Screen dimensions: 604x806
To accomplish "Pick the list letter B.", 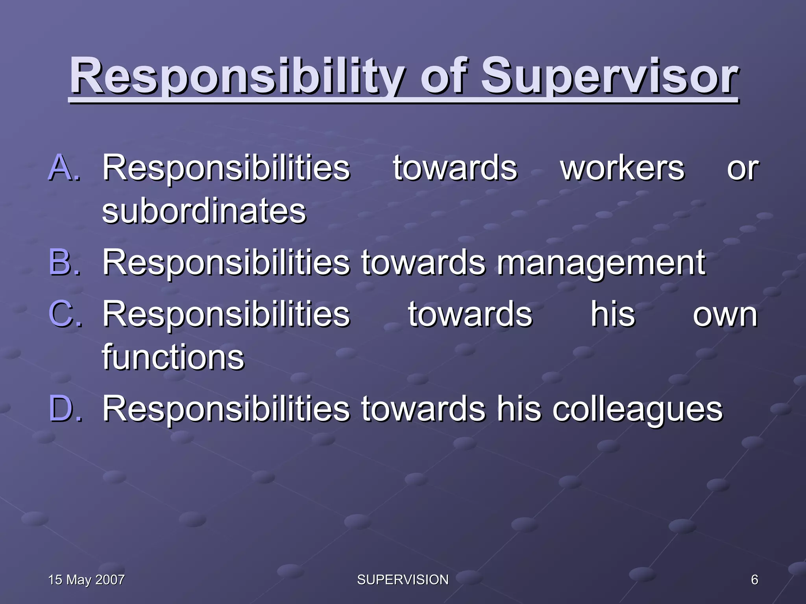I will tap(65, 262).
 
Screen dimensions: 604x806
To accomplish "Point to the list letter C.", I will tap(65, 314).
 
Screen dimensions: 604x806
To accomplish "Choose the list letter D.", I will tap(65, 409).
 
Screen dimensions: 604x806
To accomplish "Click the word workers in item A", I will tap(622, 168).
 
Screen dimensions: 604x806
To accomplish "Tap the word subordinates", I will tap(204, 211).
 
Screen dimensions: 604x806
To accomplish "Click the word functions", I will tap(173, 357).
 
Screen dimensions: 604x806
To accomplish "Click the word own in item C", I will tap(725, 315).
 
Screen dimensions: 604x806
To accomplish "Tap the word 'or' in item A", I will tap(742, 169).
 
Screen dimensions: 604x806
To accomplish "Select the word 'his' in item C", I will tap(613, 314).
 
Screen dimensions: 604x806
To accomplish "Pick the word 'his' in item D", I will tap(519, 409).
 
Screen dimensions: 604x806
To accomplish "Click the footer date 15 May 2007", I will tap(86, 580).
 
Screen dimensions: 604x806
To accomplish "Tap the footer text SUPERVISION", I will tap(403, 580).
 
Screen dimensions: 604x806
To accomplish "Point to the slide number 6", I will tap(754, 580).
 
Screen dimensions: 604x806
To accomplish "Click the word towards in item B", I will tap(423, 262).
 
